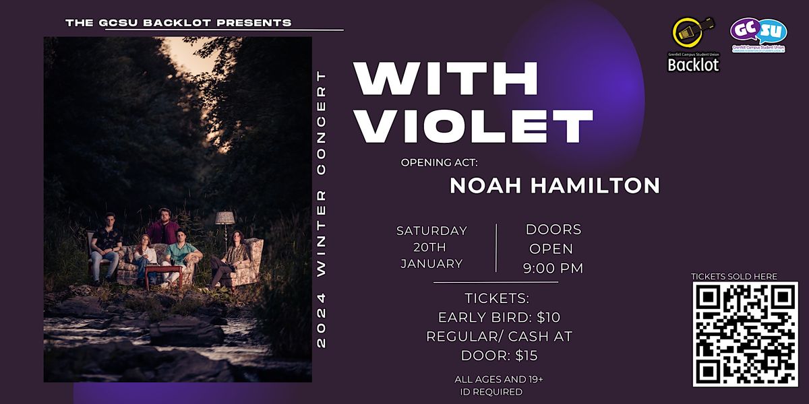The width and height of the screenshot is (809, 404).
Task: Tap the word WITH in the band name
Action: point(446,79)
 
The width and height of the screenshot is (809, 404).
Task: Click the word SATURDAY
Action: point(431,231)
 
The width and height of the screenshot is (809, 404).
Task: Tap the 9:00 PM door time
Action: point(553,269)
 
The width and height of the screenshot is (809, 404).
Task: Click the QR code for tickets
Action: point(745,334)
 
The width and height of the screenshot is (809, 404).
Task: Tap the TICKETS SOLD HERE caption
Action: point(734,276)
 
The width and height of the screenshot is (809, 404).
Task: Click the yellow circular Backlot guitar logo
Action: point(692,38)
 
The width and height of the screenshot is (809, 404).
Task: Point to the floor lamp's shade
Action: point(224,217)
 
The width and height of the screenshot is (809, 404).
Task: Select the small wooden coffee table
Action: point(164,272)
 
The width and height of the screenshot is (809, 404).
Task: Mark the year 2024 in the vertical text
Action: point(322,324)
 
